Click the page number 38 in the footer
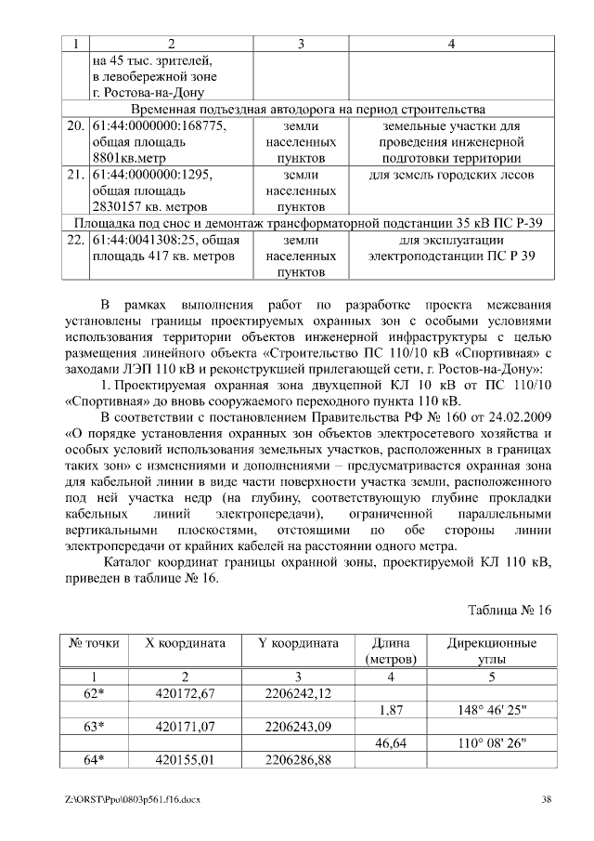547,799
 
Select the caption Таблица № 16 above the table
510,610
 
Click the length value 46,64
391,743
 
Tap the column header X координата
186,643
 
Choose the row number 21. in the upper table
75,174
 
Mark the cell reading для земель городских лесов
451,174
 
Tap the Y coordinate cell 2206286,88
298,760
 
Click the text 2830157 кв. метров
148,206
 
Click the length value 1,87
391,710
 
